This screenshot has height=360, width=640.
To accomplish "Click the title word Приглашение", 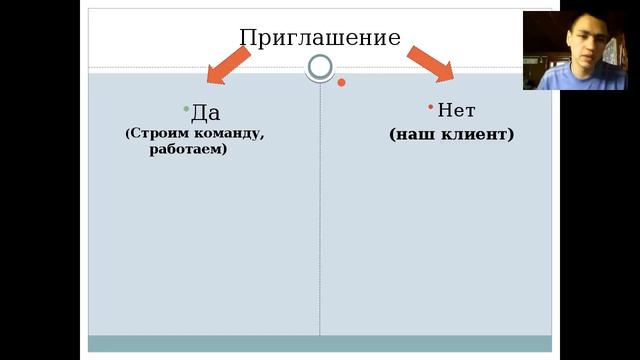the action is pyautogui.click(x=320, y=38).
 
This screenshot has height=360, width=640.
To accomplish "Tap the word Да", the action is pyautogui.click(x=205, y=113).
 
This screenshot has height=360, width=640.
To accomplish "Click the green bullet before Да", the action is pyautogui.click(x=186, y=108).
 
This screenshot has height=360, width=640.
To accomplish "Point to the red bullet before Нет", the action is pyautogui.click(x=430, y=106).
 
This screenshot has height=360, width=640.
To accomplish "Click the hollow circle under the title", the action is pyautogui.click(x=320, y=67).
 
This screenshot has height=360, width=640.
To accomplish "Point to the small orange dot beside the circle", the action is pyautogui.click(x=341, y=82).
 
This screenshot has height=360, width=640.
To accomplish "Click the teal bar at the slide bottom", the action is pyautogui.click(x=320, y=343).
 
